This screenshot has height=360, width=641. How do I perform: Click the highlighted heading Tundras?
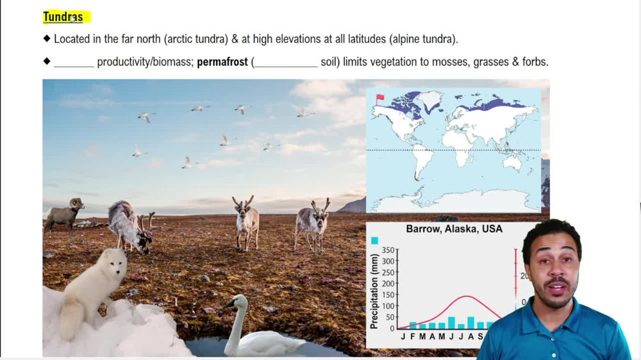(x=63, y=17)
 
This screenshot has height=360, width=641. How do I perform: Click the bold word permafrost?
(x=222, y=62)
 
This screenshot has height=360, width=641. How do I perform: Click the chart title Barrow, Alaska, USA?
(x=454, y=229)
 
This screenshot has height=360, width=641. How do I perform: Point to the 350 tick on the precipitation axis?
(x=388, y=250)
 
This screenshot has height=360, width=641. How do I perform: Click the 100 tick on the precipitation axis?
(x=388, y=306)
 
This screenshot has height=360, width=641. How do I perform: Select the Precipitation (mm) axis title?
(x=374, y=291)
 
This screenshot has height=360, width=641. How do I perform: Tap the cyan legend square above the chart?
(x=374, y=241)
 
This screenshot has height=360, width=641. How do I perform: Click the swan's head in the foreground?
(x=237, y=301)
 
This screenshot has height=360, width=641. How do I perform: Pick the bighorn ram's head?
(x=76, y=203)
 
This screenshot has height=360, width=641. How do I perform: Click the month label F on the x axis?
(x=412, y=336)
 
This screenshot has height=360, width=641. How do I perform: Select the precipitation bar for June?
(x=451, y=323)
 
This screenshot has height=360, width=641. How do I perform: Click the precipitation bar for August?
(x=470, y=323)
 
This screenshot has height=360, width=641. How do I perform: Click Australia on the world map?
(x=512, y=163)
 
